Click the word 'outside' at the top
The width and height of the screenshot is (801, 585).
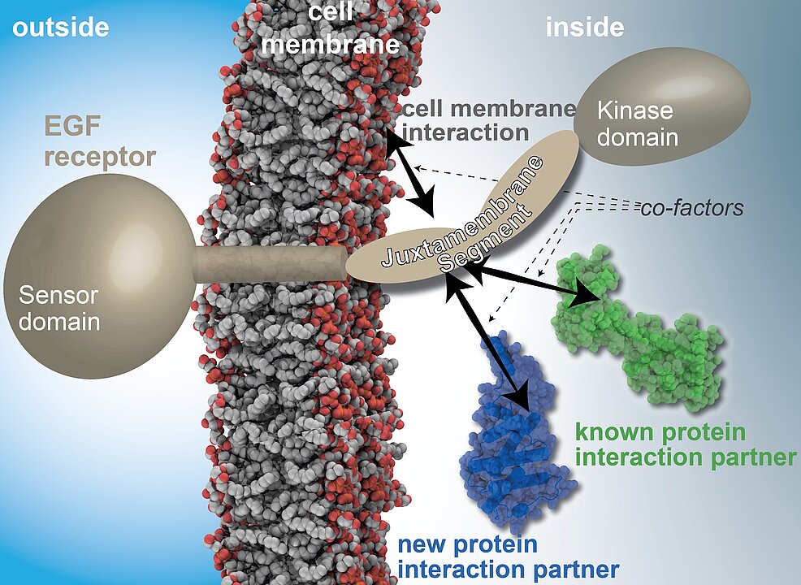[61, 27]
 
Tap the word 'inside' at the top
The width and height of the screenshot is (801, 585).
[585, 27]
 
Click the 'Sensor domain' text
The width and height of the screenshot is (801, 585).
[58, 308]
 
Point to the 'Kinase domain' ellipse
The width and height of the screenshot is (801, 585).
[662, 106]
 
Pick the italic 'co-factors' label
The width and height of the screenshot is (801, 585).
[691, 208]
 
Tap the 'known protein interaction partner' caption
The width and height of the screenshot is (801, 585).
[686, 444]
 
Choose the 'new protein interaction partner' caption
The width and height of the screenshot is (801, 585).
[509, 556]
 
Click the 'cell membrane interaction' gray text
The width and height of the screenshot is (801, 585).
[489, 120]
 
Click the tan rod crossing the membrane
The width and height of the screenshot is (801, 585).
[271, 264]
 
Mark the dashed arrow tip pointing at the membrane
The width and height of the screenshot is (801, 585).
[416, 167]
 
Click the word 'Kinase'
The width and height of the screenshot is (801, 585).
[635, 110]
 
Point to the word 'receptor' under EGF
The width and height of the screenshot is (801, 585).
[100, 158]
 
